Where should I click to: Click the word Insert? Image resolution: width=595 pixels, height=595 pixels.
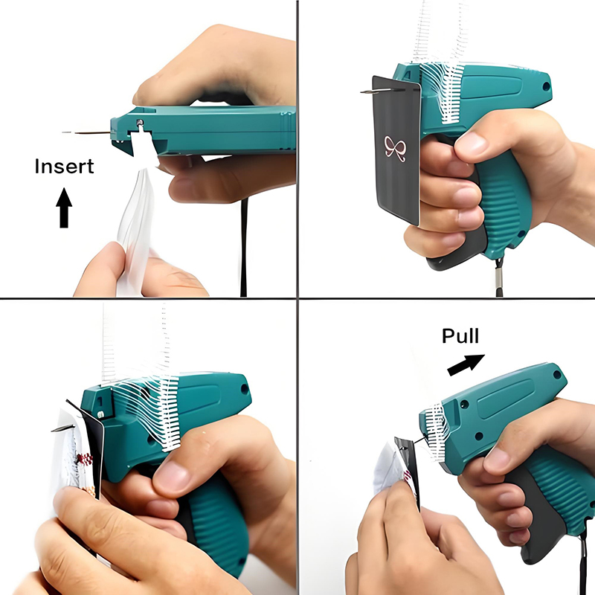(x=64, y=166)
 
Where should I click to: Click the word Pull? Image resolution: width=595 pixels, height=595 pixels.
(x=460, y=336)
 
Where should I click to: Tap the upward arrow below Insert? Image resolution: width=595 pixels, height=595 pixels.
(x=64, y=208)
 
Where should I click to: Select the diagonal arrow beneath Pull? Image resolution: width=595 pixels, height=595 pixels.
(x=466, y=364)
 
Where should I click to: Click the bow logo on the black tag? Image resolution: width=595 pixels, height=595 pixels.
(x=395, y=148)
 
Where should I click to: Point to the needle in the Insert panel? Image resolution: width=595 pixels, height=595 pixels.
(x=86, y=133)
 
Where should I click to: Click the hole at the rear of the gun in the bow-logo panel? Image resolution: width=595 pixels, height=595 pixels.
(x=546, y=86)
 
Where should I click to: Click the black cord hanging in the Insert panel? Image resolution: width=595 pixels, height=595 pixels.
(x=244, y=247)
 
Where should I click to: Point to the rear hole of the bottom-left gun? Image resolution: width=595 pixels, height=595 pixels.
(x=245, y=389)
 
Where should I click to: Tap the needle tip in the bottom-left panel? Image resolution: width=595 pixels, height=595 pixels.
(x=52, y=431)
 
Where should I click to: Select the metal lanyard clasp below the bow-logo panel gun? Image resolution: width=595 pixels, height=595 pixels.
(x=499, y=277)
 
